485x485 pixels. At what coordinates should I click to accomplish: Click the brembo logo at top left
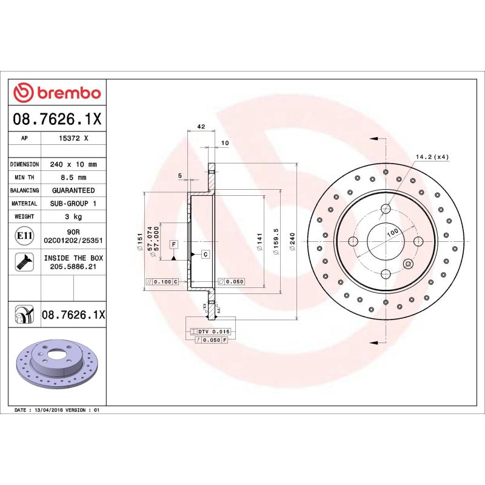point(58,93)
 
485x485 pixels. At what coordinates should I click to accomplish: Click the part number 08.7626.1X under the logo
point(58,119)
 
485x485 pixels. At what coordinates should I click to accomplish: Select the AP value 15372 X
point(73,138)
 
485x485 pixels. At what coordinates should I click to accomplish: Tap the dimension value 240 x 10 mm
point(73,164)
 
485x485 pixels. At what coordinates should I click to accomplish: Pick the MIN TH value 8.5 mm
point(73,177)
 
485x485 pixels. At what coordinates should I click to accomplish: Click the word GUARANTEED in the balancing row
point(73,190)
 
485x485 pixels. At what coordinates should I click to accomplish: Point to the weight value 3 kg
point(73,216)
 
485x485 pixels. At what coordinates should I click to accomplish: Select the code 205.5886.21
point(73,266)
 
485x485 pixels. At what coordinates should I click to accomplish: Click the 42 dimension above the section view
point(200,127)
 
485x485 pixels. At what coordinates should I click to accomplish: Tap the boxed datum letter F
point(173,244)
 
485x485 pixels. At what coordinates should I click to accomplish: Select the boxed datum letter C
point(206,253)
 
